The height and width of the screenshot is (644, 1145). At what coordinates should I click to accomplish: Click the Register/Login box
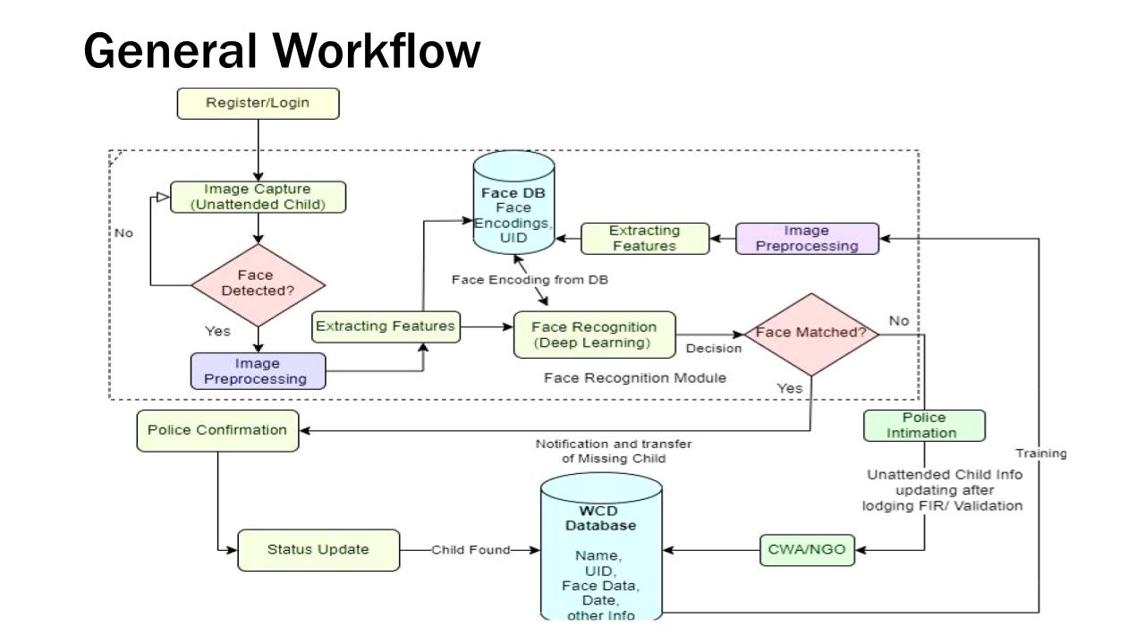[x=259, y=103]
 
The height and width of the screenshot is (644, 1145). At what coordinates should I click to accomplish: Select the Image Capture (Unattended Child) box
[x=258, y=198]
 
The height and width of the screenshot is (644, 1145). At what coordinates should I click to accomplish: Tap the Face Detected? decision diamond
[x=259, y=284]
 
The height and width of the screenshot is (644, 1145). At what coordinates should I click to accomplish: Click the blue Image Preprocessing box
[x=258, y=370]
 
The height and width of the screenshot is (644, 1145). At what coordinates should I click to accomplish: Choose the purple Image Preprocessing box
[x=807, y=239]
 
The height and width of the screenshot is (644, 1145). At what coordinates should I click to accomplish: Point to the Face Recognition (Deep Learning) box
[x=594, y=335]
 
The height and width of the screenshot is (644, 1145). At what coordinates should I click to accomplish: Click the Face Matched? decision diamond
[x=811, y=334]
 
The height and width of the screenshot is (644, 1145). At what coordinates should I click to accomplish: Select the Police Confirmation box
[x=217, y=430]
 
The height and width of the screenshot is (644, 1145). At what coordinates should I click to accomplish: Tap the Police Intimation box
[x=924, y=425]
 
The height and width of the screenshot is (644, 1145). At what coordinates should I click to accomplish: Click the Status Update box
[x=318, y=549]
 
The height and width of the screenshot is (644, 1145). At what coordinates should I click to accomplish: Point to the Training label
[x=1040, y=453]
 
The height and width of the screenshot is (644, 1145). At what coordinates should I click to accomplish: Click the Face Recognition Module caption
[x=635, y=378]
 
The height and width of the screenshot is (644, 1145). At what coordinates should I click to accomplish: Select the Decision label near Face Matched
[x=713, y=349]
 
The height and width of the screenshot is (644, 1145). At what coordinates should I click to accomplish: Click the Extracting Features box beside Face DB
[x=644, y=239]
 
